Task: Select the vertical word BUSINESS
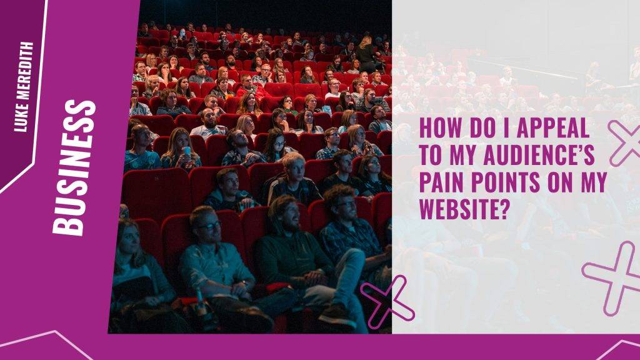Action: click(74, 167)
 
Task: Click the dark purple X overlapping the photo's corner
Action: click(387, 301)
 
